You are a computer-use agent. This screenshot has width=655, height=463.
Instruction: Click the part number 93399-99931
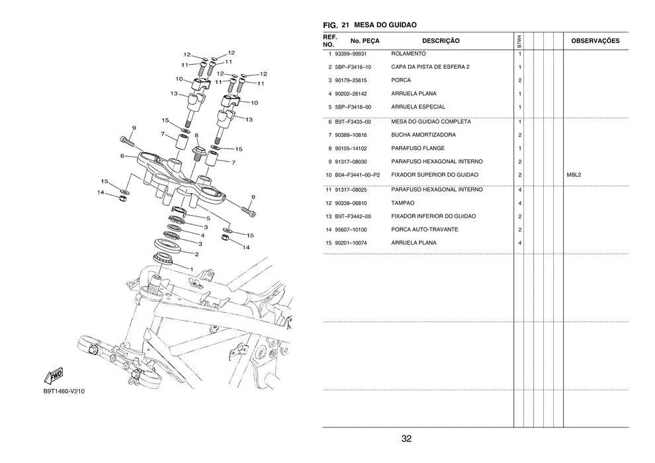tap(351, 54)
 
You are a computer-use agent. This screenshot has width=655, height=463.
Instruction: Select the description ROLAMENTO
tap(408, 54)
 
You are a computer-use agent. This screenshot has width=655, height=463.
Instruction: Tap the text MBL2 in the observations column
tap(574, 175)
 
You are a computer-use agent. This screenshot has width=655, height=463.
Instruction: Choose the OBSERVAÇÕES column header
tap(595, 41)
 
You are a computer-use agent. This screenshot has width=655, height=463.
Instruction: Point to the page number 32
tap(406, 439)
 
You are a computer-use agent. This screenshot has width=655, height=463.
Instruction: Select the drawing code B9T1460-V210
tap(64, 391)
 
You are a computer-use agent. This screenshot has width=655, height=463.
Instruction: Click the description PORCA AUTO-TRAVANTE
tap(424, 230)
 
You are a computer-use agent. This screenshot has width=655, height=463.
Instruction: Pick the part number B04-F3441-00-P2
tap(357, 175)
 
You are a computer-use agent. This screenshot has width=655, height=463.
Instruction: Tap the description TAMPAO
tap(403, 203)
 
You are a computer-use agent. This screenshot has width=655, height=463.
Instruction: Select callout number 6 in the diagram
tap(122, 156)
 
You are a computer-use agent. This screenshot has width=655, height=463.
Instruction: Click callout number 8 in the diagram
tap(196, 136)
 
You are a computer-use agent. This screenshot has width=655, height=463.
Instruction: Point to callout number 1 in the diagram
tap(191, 269)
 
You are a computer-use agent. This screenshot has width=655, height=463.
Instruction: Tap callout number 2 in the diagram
tap(196, 253)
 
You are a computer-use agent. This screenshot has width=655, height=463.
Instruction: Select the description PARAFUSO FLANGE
tap(417, 148)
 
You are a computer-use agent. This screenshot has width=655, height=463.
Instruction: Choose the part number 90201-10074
tap(351, 243)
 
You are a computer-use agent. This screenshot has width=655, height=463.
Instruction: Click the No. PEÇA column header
tap(365, 41)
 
